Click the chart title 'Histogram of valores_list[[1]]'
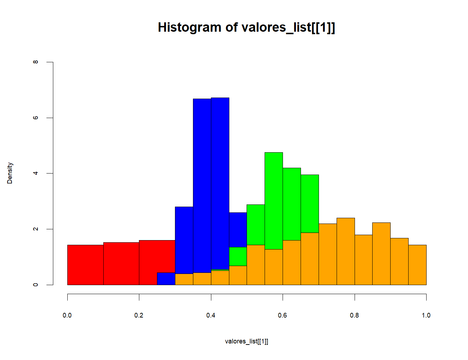tap(246, 27)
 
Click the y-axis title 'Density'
tap(10, 173)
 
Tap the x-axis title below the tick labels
tap(246, 341)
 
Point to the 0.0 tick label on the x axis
tap(67, 315)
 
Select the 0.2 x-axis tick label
tap(139, 315)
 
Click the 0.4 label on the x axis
tap(211, 315)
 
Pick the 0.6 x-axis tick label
tap(283, 315)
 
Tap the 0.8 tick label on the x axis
tap(355, 315)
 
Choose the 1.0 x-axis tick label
tap(426, 315)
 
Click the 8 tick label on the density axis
tap(35, 62)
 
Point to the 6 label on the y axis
tap(35, 118)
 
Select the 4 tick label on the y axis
tap(35, 173)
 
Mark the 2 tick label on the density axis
tap(35, 229)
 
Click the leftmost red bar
tap(85, 265)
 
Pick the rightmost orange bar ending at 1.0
tap(417, 265)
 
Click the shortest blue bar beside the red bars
tap(166, 279)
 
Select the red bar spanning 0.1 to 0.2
tap(121, 264)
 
